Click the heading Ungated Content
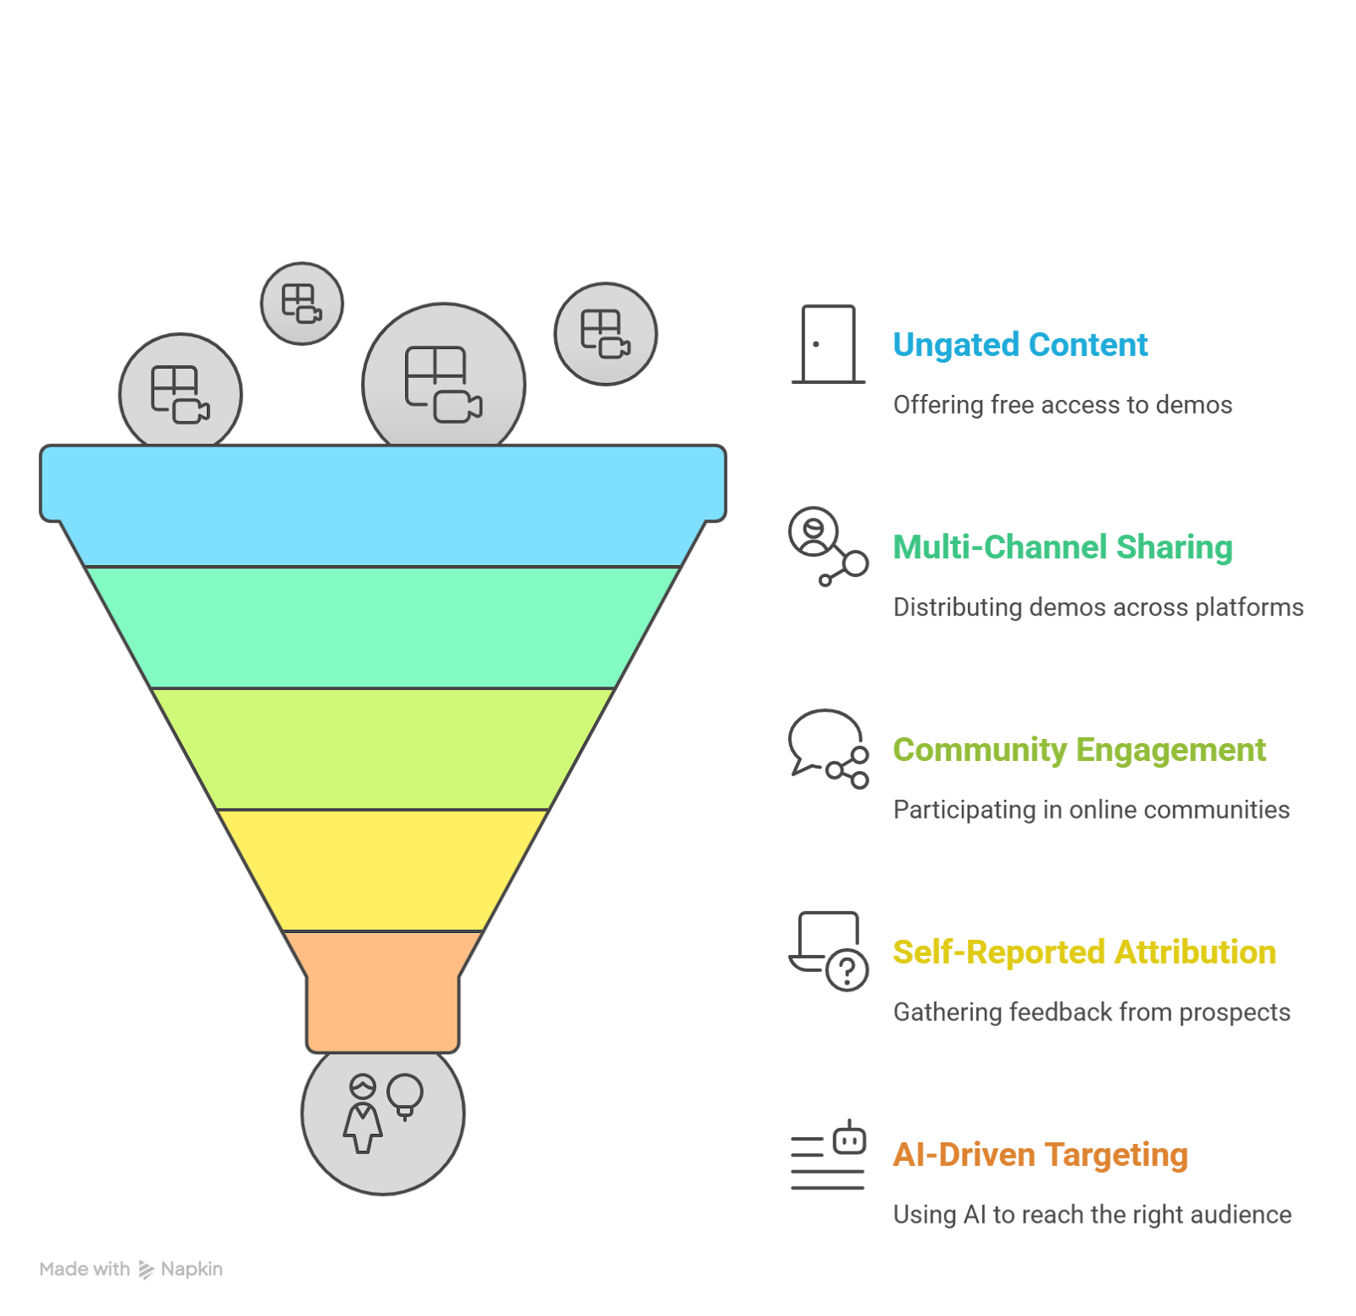tap(1020, 345)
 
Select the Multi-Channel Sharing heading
tap(1062, 547)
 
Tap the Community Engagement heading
tap(1079, 750)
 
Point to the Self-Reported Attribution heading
tap(1084, 952)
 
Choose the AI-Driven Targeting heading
tap(1040, 1155)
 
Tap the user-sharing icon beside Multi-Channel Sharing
tap(827, 546)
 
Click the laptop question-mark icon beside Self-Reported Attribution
tap(829, 951)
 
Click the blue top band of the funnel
tap(383, 500)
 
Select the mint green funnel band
tap(383, 627)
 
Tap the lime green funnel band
tap(383, 749)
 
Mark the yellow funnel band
tap(383, 870)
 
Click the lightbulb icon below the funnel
tap(405, 1096)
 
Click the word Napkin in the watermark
tap(192, 1269)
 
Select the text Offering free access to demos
tap(1062, 405)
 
